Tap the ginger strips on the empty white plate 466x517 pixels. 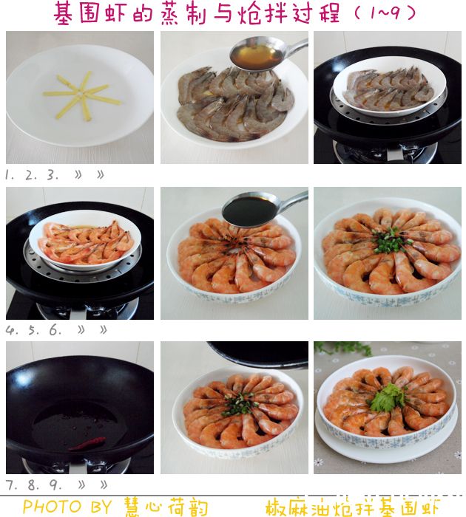coord(81,95)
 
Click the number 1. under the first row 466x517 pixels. coord(10,175)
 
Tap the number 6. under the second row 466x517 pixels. coord(55,329)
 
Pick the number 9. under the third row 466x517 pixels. coord(55,485)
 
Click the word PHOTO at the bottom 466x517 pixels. coord(53,507)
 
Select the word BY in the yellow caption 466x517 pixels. coord(101,507)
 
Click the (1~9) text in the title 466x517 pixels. coord(385,13)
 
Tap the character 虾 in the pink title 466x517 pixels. coord(115,13)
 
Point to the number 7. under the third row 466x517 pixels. coord(11,485)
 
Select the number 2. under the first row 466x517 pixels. coord(31,175)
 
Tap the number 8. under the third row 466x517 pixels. coord(33,485)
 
